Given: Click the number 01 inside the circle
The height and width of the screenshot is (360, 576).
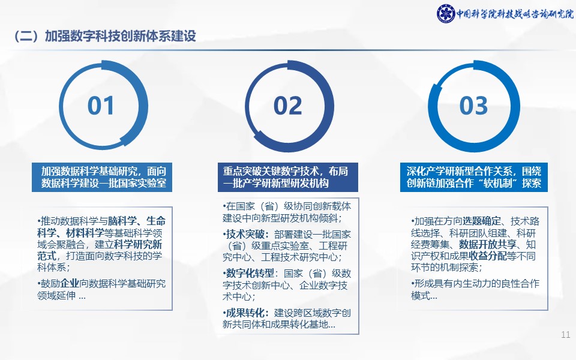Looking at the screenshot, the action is click(x=101, y=106).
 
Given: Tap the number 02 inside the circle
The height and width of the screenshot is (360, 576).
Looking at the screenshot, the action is click(x=287, y=106).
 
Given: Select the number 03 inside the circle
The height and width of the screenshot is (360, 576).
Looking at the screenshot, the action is click(x=473, y=106).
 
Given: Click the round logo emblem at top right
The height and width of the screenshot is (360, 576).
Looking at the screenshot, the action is click(x=446, y=14).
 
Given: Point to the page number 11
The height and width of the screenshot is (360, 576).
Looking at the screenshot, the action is click(x=566, y=335).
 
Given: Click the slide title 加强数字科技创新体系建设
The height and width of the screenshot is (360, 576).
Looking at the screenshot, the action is click(x=121, y=36).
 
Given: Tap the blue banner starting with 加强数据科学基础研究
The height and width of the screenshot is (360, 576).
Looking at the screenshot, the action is click(x=102, y=177).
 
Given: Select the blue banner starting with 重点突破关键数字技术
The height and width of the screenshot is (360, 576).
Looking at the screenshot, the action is click(x=287, y=177).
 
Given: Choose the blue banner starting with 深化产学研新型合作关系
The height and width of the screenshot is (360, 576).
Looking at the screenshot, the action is click(x=474, y=177).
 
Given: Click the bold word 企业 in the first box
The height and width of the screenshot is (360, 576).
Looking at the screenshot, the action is click(x=70, y=284).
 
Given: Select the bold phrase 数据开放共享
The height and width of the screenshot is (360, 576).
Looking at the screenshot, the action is click(x=488, y=245).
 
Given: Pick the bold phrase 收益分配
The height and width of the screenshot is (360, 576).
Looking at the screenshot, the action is click(x=488, y=256).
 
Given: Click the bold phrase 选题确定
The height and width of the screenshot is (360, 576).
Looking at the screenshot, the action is click(x=482, y=221).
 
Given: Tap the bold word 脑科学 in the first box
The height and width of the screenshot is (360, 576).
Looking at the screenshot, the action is click(x=122, y=221).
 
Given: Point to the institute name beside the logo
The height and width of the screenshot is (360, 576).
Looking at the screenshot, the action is click(x=515, y=14).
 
